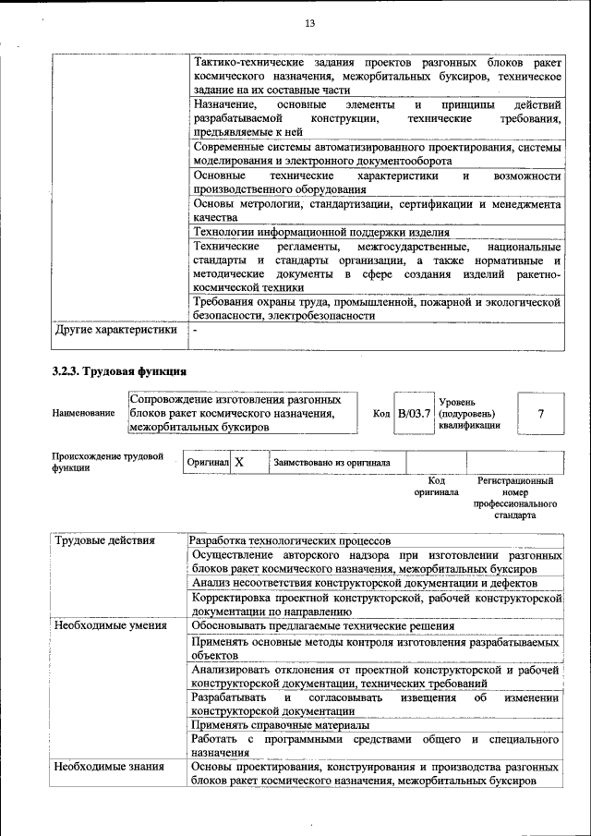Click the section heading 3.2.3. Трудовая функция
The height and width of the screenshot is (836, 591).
click(119, 371)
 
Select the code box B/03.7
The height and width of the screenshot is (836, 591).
click(414, 413)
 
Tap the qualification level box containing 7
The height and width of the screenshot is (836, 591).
click(540, 413)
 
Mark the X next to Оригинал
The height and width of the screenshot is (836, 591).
click(239, 461)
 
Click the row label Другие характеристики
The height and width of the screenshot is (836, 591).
click(115, 329)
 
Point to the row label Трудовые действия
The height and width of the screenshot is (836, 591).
click(104, 540)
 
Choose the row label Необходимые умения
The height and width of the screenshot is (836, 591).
click(110, 625)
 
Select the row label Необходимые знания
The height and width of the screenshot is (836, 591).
click(108, 766)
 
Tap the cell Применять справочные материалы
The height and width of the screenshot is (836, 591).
click(267, 725)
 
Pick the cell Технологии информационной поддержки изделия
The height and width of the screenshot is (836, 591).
click(320, 232)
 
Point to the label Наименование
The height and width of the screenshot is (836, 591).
click(84, 414)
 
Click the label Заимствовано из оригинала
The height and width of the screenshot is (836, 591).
click(332, 462)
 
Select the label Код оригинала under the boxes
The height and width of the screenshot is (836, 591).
click(437, 487)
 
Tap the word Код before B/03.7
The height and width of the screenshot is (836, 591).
click(381, 414)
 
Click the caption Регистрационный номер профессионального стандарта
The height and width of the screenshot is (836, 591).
click(515, 499)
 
